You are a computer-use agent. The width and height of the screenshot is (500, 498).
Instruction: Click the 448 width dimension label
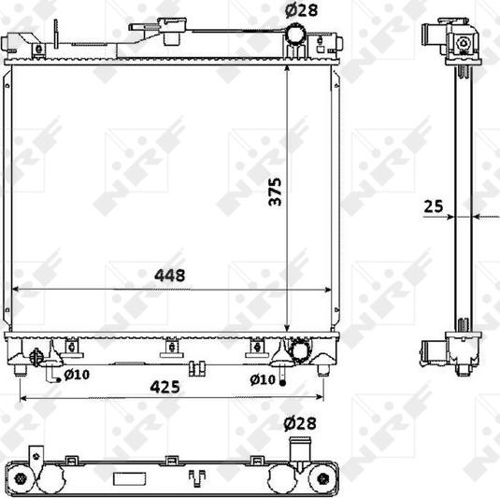170,275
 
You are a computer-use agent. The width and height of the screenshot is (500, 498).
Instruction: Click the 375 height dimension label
275,192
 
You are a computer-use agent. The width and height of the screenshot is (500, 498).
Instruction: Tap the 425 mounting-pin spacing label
164,387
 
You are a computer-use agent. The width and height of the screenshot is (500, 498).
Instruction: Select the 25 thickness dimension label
434,206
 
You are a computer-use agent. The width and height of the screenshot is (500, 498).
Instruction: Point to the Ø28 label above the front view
301,10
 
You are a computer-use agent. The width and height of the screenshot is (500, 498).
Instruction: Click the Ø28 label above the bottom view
300,423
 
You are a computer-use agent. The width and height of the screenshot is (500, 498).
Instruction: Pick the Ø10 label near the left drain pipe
77,375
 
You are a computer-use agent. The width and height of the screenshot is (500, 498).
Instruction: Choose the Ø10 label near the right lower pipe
263,379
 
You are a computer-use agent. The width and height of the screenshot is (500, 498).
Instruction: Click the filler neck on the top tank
172,30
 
